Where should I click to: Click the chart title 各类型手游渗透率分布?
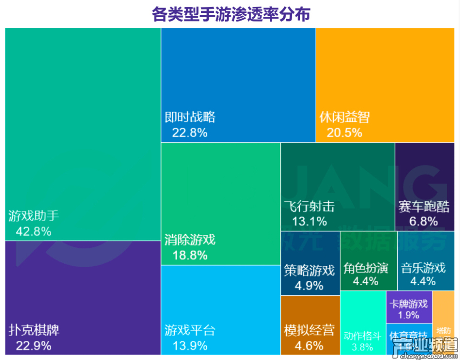[230, 14]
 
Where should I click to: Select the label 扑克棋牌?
[34, 330]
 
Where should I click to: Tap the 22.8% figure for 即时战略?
[190, 133]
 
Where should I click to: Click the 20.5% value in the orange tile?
[345, 133]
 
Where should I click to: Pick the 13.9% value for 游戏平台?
[190, 346]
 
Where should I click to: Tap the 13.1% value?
[310, 221]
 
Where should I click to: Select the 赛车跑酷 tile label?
[424, 207]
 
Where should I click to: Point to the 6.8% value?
[424, 221]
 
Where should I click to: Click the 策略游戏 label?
[310, 270]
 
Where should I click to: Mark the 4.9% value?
[310, 286]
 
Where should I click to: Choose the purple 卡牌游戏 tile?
[409, 307]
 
